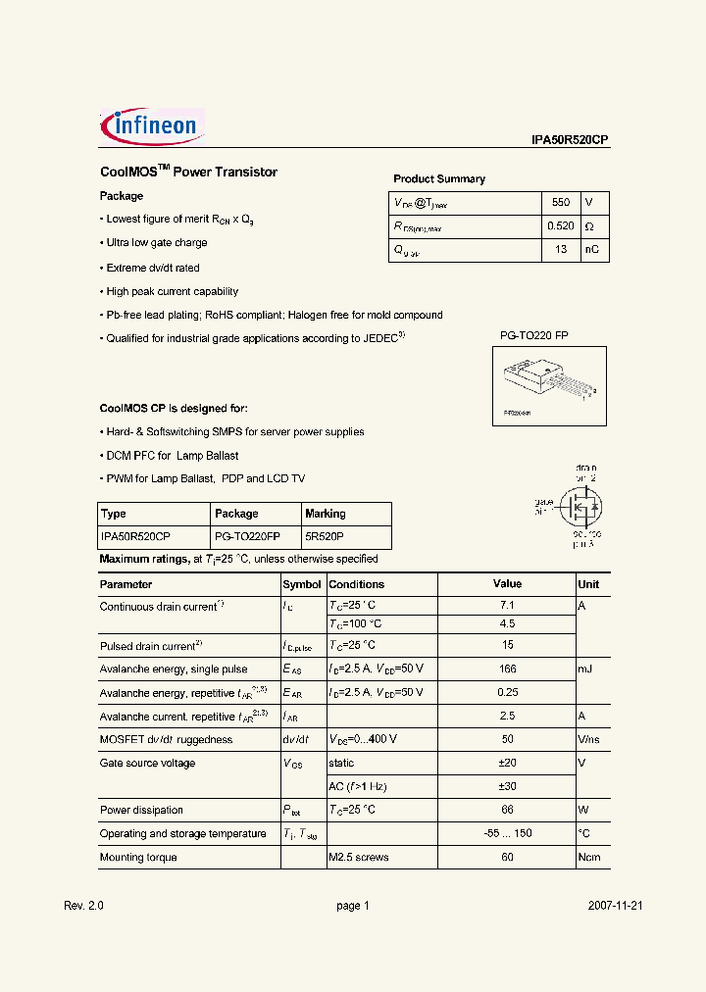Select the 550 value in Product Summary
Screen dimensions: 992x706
(560, 202)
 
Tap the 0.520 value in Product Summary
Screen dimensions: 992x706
(561, 226)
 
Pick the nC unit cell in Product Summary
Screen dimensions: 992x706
(593, 250)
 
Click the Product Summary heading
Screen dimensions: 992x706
(438, 178)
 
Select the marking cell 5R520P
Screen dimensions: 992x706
(324, 537)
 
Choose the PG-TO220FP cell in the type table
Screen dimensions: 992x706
(246, 537)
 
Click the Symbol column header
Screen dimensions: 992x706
(301, 584)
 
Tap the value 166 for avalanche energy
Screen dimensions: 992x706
(507, 669)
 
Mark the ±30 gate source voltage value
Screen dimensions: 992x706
(507, 786)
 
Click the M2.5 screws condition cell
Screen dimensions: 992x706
(358, 857)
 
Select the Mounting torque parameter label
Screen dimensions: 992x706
(138, 857)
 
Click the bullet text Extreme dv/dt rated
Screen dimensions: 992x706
(152, 268)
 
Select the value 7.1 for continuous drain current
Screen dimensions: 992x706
(507, 606)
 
